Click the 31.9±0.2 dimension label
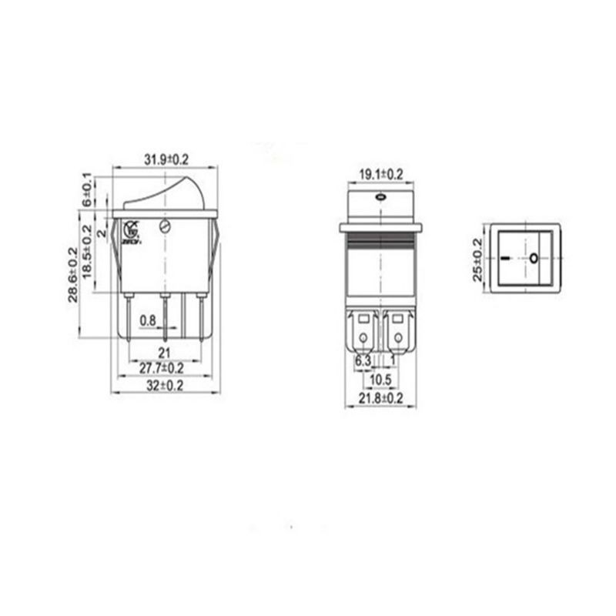tap(166, 159)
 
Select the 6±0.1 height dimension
tap(87, 189)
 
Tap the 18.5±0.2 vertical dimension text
tap(88, 252)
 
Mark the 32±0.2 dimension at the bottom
tap(165, 387)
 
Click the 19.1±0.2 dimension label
tap(380, 175)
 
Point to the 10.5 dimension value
tap(380, 380)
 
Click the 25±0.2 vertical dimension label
tap(477, 259)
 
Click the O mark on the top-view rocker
tap(534, 257)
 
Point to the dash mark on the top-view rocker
tap(505, 257)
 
